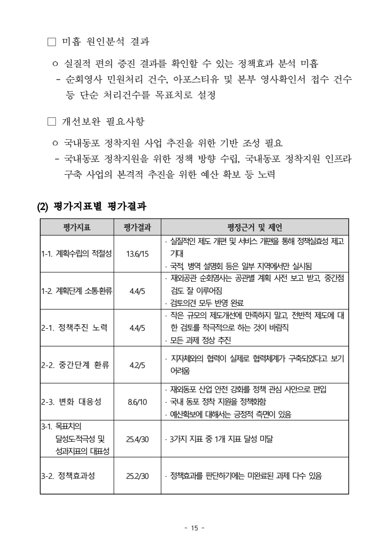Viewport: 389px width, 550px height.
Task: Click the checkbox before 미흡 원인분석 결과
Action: coord(53,43)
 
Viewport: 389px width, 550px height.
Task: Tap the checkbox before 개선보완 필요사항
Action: coord(53,121)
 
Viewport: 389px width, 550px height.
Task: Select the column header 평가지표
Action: coord(77,227)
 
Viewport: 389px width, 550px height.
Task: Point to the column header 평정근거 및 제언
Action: coord(255,227)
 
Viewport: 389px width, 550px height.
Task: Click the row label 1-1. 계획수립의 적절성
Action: coord(77,254)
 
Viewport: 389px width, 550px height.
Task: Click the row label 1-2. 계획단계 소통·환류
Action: coord(77,291)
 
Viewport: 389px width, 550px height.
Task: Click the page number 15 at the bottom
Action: coord(194,528)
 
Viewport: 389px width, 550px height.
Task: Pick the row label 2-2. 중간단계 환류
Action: coord(75,365)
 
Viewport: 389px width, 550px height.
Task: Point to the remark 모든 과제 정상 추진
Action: coord(200,340)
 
